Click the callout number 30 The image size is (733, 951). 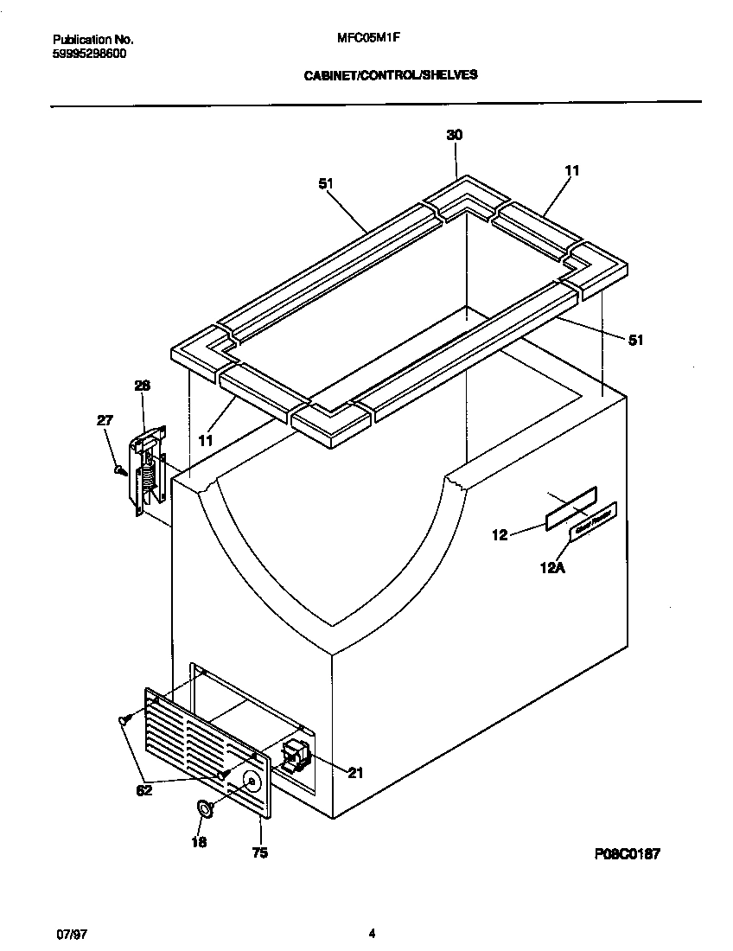tap(454, 135)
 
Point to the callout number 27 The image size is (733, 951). tap(104, 421)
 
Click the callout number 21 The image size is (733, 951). tap(354, 773)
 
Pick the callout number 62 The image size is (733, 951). tap(144, 790)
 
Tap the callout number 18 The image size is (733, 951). tap(199, 841)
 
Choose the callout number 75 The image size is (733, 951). tap(259, 853)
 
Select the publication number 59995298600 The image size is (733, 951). tap(89, 53)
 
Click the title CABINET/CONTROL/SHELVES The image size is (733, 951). tap(390, 75)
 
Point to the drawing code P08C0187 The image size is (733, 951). tap(627, 853)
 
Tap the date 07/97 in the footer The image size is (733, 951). tap(68, 934)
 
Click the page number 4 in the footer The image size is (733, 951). tap(372, 934)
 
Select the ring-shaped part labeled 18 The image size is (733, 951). tap(206, 809)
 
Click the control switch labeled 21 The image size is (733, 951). tap(293, 753)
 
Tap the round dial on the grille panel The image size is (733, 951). tap(251, 782)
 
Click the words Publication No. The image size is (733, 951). tap(92, 39)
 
